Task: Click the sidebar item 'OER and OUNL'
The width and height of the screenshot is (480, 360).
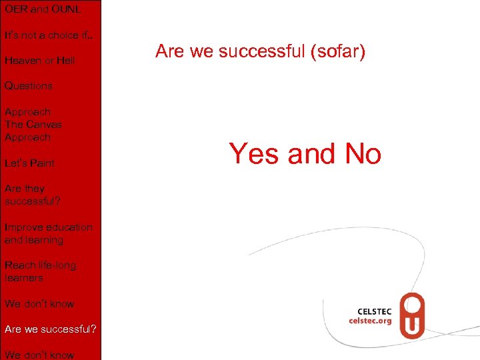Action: [x=43, y=9]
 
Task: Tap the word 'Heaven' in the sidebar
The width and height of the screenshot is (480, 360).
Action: [x=22, y=61]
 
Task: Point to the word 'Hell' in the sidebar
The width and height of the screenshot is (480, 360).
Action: [x=65, y=61]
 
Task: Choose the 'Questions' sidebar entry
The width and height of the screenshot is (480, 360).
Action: [x=28, y=86]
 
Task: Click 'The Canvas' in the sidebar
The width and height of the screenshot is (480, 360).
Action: [x=33, y=125]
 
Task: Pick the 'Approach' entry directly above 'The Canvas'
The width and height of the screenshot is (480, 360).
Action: [x=27, y=112]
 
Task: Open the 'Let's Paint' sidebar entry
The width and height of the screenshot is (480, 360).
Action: [x=29, y=163]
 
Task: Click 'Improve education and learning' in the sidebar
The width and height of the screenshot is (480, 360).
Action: [x=48, y=233]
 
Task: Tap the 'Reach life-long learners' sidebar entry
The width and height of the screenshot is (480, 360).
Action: [x=40, y=271]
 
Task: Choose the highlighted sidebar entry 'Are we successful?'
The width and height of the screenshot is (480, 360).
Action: [x=50, y=329]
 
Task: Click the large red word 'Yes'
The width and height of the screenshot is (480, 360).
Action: [x=255, y=154]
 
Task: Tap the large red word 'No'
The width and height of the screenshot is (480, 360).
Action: [x=363, y=154]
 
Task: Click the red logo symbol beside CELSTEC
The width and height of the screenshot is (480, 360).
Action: [x=412, y=316]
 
